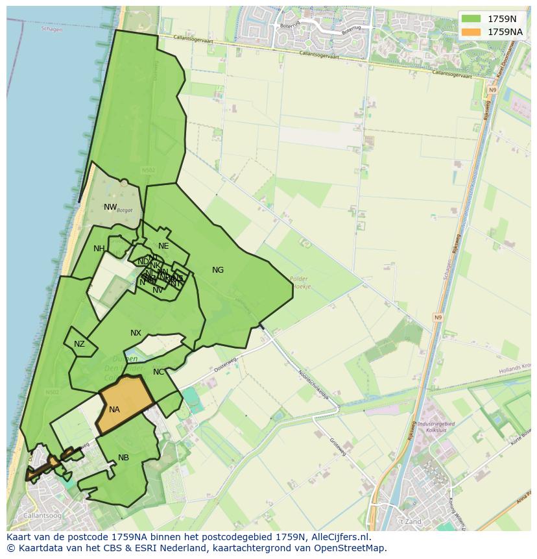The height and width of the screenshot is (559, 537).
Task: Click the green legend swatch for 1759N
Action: (x=471, y=19)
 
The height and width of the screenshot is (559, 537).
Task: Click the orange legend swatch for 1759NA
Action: (x=471, y=31)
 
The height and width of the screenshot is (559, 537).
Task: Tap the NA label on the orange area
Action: (x=114, y=410)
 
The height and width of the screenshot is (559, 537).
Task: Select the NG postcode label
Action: (x=218, y=270)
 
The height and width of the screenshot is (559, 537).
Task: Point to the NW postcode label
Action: (x=110, y=208)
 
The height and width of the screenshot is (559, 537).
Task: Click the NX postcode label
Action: (x=136, y=333)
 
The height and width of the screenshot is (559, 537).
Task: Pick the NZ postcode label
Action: (x=79, y=344)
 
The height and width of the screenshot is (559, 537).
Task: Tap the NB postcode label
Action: (x=123, y=458)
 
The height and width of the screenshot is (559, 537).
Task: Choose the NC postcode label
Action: (x=159, y=372)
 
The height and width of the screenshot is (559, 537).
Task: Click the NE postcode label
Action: (x=163, y=246)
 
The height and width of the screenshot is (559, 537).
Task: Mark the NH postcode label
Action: (x=99, y=249)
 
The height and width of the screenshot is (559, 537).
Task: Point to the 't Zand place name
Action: (x=410, y=521)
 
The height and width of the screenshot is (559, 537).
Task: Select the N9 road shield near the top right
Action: (x=493, y=90)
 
